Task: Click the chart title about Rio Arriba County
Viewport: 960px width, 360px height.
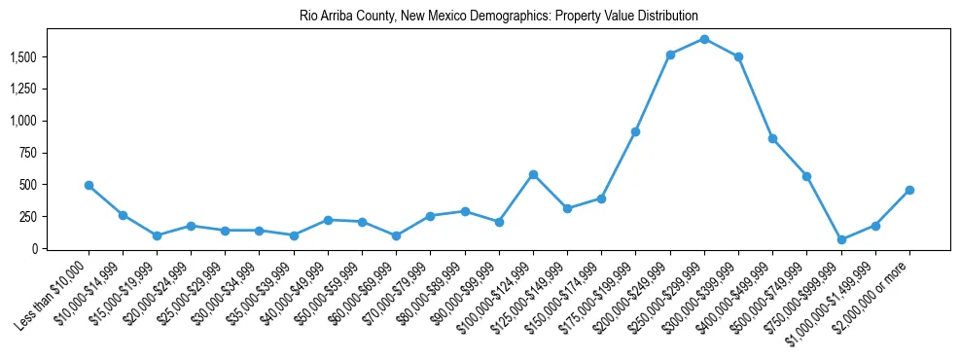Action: point(480,17)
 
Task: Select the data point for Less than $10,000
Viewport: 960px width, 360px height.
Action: point(89,185)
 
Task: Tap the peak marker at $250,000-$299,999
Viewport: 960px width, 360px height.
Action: point(704,39)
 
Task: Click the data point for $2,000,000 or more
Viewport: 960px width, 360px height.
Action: point(909,190)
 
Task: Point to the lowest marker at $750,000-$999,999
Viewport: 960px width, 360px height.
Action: point(841,239)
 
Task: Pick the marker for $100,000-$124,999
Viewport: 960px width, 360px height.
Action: point(533,174)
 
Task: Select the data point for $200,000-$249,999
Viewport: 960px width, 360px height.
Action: point(670,54)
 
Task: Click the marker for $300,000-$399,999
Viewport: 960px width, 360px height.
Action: point(739,56)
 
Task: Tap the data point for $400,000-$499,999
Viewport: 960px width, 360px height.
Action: point(772,138)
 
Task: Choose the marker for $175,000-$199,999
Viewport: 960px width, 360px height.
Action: point(635,131)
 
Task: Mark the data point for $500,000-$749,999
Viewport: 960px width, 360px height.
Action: point(806,176)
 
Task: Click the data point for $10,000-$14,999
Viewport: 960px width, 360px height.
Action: point(123,215)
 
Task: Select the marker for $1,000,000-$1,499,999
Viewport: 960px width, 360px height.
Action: point(875,226)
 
